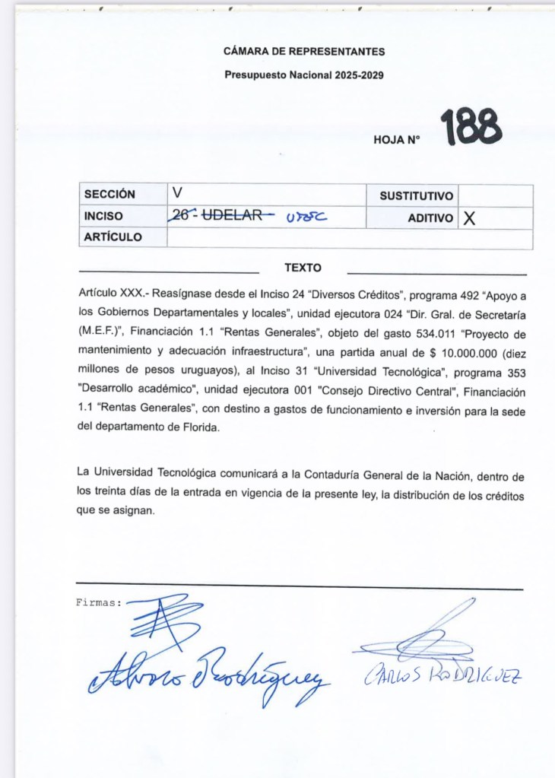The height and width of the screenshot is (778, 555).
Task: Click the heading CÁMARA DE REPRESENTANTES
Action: pyautogui.click(x=304, y=52)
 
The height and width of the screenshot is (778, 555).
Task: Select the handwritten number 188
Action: pyautogui.click(x=471, y=127)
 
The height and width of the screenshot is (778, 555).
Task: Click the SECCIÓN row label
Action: pyautogui.click(x=109, y=195)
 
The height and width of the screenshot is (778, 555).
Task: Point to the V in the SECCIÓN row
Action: pyautogui.click(x=177, y=193)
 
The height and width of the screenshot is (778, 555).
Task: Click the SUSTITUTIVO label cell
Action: pyautogui.click(x=416, y=196)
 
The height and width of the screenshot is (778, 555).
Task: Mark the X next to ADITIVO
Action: pyautogui.click(x=469, y=218)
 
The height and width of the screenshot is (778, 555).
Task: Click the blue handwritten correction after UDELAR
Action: pyautogui.click(x=306, y=217)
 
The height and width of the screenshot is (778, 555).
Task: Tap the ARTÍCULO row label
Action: pyautogui.click(x=113, y=237)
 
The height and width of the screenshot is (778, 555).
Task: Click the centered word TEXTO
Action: pyautogui.click(x=303, y=268)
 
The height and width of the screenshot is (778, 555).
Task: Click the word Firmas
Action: pyautogui.click(x=99, y=602)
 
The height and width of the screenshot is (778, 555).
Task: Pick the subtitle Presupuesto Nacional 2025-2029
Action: pyautogui.click(x=304, y=75)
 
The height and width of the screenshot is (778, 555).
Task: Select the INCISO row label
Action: pyautogui.click(x=103, y=216)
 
